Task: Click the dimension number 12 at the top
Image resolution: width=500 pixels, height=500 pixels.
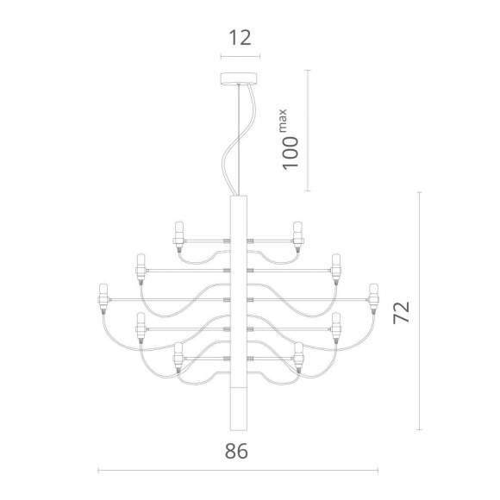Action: (241, 38)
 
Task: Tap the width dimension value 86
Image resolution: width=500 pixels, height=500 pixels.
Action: (236, 451)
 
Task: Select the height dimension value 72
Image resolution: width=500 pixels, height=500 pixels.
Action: (402, 312)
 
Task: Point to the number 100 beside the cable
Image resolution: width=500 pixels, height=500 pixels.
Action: (291, 153)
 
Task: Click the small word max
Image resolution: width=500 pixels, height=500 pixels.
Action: (283, 121)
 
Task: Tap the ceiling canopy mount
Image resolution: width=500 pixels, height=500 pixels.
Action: (239, 78)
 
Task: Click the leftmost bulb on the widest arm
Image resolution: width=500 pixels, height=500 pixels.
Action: (103, 297)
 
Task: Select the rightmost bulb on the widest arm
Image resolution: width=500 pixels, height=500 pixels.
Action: (374, 297)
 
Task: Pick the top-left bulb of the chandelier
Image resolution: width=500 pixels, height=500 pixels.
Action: (179, 237)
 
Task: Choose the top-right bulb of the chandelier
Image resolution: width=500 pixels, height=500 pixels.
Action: (298, 237)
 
